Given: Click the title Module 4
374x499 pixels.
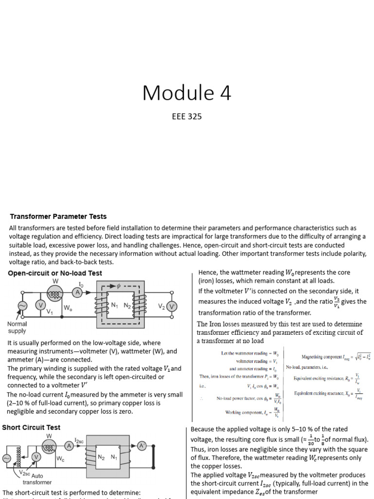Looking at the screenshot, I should click(187, 93).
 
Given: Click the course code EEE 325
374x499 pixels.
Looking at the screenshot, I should click(187, 116).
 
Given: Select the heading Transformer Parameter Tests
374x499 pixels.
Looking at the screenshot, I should click(58, 216).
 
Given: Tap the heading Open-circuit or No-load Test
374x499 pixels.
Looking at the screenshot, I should click(55, 273).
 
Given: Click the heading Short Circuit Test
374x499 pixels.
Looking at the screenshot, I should click(31, 427).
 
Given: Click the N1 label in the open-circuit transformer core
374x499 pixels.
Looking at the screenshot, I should click(115, 306).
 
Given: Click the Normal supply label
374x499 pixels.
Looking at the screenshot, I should click(17, 327).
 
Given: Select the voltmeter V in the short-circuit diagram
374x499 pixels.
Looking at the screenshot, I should click(36, 457).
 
